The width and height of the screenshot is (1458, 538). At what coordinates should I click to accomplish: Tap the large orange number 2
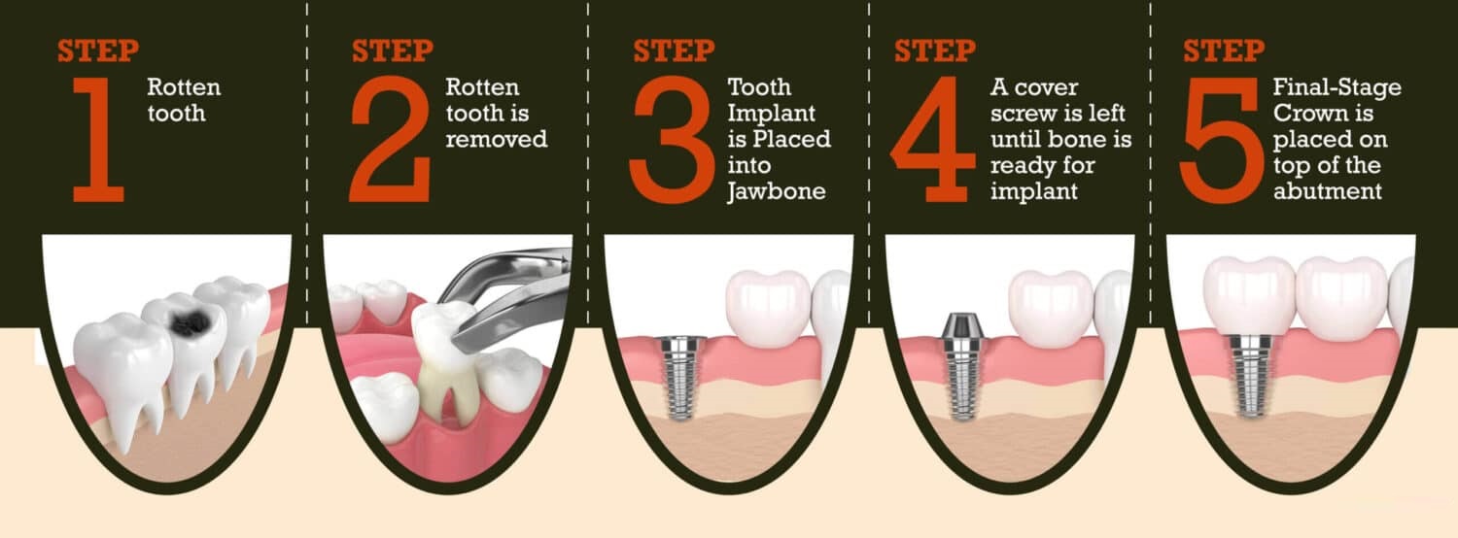[391, 139]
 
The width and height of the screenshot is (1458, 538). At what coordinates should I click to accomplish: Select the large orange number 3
[672, 139]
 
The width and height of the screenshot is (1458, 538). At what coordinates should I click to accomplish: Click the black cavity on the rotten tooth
[191, 321]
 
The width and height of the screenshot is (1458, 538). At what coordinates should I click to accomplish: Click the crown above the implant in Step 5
[1248, 296]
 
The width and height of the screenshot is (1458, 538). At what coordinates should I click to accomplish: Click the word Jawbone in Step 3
[776, 191]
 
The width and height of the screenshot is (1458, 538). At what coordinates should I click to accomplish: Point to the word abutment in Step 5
[1327, 191]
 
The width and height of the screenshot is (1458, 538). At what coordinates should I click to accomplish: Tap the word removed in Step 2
[496, 139]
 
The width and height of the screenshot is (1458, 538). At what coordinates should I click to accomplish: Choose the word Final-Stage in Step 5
[1336, 87]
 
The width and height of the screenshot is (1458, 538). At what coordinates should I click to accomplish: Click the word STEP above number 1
[97, 50]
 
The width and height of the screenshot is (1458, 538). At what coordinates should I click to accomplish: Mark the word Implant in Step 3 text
[771, 114]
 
